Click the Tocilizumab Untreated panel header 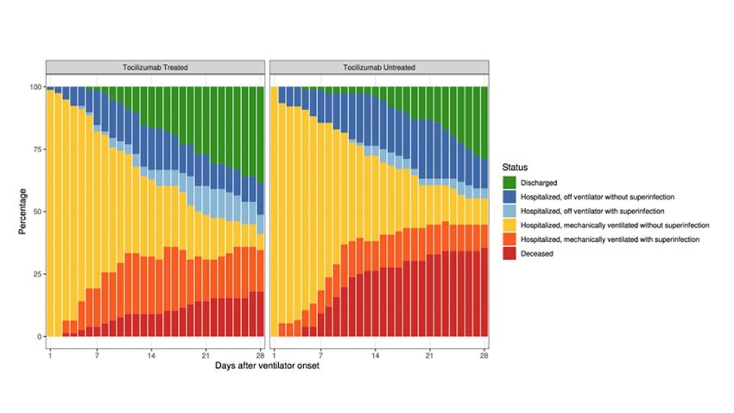point(379,67)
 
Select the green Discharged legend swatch point(509,183)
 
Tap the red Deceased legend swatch point(509,253)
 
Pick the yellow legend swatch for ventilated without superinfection point(509,225)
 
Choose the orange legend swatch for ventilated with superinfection point(509,239)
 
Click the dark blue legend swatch point(509,197)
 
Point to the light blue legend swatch point(509,211)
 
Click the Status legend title point(515,167)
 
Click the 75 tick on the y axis point(37,150)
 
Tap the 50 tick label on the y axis point(37,212)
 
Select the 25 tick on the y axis point(37,274)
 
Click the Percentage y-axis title point(22,212)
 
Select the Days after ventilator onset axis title point(267,366)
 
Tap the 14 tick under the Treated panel point(152,354)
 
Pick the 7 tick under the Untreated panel point(321,354)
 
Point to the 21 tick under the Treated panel point(205,354)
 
